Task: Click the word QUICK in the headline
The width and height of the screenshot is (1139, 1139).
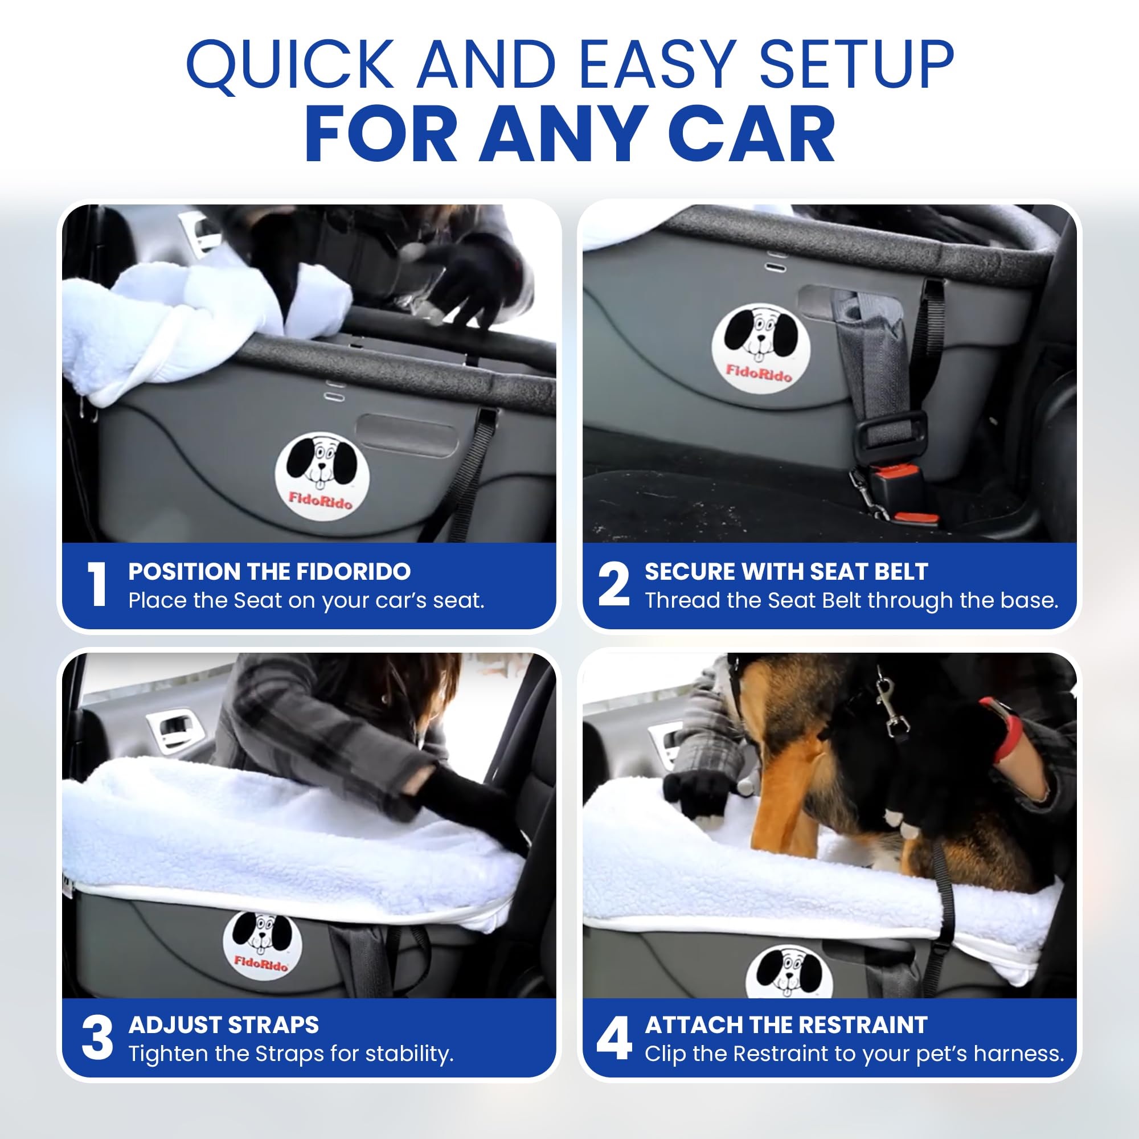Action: point(290,64)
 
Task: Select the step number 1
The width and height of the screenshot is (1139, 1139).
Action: point(97,584)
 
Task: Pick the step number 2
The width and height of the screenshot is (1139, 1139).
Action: point(614,584)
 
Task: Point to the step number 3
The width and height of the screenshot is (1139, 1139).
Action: point(97,1038)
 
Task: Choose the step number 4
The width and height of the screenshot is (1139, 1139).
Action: point(614,1038)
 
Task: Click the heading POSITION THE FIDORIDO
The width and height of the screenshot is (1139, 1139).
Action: point(269,571)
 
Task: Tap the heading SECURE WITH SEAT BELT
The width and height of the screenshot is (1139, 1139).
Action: point(786,571)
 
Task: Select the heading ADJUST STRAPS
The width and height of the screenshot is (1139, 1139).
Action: point(223,1025)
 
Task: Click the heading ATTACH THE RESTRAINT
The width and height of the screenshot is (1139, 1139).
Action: point(786,1025)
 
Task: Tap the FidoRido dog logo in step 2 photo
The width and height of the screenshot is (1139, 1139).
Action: point(760,348)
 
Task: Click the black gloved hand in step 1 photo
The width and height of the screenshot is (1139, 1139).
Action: point(472,277)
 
